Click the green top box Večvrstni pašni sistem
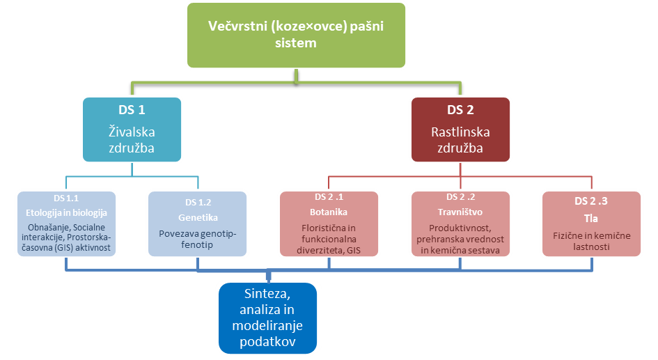click(x=296, y=36)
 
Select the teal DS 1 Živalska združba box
click(x=132, y=130)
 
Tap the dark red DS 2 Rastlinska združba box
click(x=460, y=130)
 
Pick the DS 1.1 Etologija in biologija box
click(x=66, y=224)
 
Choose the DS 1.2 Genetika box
click(x=197, y=224)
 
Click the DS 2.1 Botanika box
click(x=329, y=224)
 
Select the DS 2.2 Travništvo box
click(x=460, y=224)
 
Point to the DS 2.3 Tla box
click(x=591, y=224)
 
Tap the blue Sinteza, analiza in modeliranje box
click(x=268, y=318)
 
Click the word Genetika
click(x=198, y=218)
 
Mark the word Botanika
click(x=329, y=212)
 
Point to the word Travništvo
click(x=460, y=212)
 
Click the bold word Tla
click(x=591, y=219)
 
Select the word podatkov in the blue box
click(x=268, y=341)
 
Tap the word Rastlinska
click(x=460, y=132)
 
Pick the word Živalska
click(x=132, y=132)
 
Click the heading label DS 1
click(x=132, y=110)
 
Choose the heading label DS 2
click(x=460, y=110)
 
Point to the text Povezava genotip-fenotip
click(x=197, y=239)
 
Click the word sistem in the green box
click(x=296, y=42)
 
